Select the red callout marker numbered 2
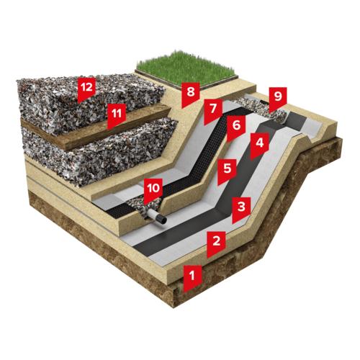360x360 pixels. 216,242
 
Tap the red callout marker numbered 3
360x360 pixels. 241,208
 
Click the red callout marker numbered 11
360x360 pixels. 117,114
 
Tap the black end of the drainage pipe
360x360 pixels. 162,220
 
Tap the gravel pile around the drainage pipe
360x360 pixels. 144,207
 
